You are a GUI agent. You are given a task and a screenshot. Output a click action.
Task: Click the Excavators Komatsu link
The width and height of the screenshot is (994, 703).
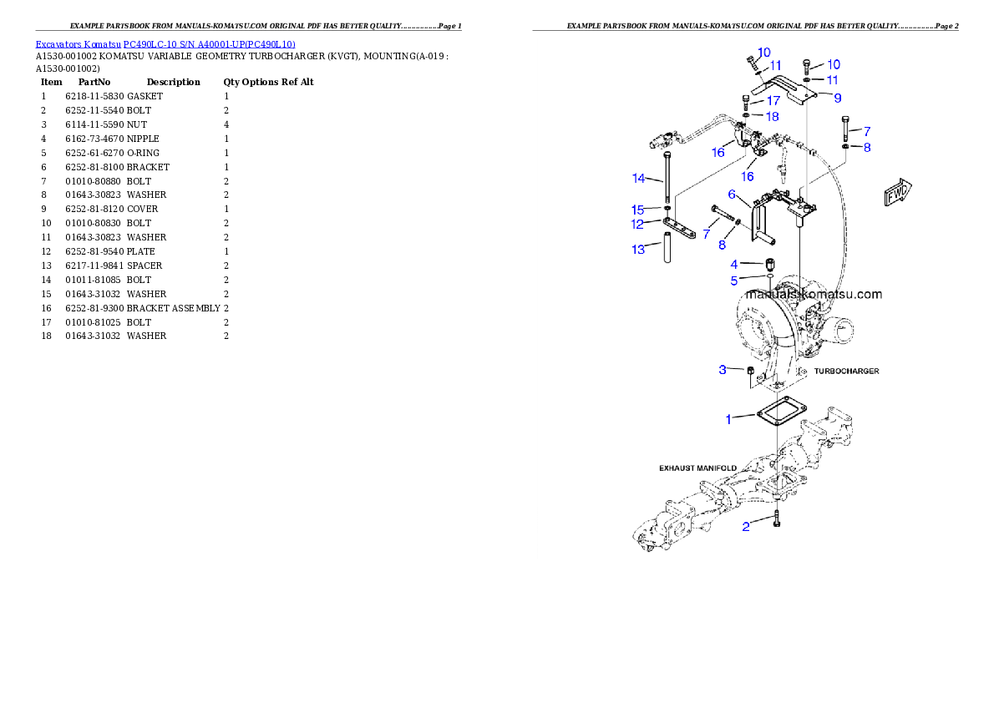click(x=78, y=44)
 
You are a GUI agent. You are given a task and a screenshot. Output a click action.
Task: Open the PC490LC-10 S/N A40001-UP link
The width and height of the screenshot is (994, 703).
click(x=209, y=44)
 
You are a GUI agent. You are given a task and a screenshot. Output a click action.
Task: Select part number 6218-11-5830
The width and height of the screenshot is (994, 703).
click(x=94, y=96)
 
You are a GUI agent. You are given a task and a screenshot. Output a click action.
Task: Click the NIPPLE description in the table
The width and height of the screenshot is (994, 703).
click(x=144, y=139)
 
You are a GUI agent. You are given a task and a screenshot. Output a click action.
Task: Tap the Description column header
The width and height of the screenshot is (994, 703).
click(x=173, y=82)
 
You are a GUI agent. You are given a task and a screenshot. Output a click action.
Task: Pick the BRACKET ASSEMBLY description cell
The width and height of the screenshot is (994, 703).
click(x=173, y=308)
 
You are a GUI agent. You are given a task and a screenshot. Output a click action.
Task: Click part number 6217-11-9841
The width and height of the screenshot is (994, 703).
click(x=94, y=266)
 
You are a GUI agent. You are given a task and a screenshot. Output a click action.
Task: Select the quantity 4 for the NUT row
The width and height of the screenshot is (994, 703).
click(x=226, y=125)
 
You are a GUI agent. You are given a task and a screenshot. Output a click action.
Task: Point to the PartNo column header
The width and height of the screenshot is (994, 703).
click(x=94, y=82)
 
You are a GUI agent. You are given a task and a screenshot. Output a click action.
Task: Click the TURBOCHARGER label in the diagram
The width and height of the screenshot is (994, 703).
click(x=846, y=371)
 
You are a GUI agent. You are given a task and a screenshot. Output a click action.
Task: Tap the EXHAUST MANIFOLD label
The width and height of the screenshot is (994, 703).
click(x=698, y=468)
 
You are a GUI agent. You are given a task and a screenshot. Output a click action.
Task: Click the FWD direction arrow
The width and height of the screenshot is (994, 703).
click(x=898, y=191)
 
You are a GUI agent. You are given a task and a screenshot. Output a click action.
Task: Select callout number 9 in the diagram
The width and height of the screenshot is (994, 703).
click(x=838, y=99)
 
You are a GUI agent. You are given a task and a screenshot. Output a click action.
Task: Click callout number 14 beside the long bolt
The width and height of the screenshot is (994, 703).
click(x=639, y=179)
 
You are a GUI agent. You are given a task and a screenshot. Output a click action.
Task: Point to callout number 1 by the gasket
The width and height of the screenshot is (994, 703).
click(x=728, y=419)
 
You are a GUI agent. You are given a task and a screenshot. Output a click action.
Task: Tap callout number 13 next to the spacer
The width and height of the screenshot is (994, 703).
click(x=638, y=250)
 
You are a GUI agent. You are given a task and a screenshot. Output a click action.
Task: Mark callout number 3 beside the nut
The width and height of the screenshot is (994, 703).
click(x=723, y=370)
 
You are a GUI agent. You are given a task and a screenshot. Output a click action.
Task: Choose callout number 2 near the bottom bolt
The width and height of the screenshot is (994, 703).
click(x=746, y=527)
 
